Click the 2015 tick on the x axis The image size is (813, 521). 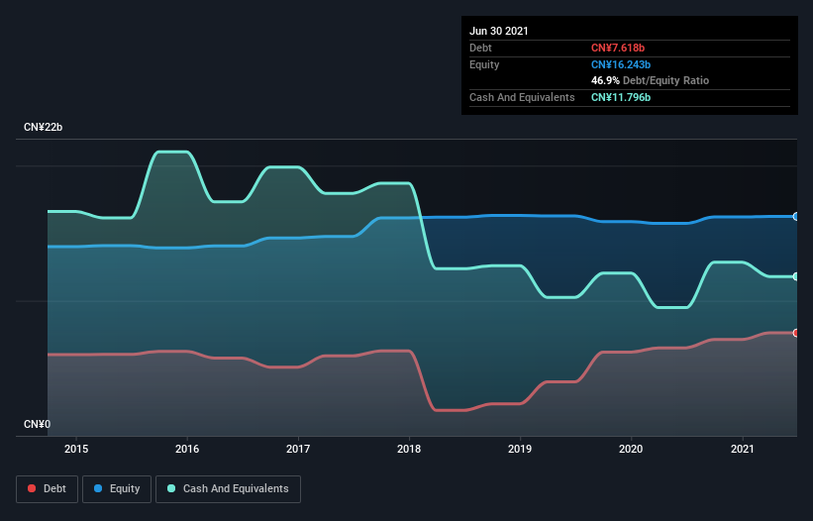(x=76, y=449)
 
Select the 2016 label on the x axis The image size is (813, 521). (x=187, y=449)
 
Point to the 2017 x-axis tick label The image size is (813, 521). (x=298, y=449)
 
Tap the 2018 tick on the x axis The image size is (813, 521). (x=409, y=449)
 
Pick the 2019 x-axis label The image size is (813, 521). (x=520, y=449)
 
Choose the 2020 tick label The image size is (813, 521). (x=631, y=449)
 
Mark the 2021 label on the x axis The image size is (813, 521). (x=742, y=449)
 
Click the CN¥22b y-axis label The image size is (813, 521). (x=44, y=128)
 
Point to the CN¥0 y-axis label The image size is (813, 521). (x=38, y=425)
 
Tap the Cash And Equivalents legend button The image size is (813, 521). (x=228, y=488)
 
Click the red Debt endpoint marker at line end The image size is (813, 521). (x=796, y=333)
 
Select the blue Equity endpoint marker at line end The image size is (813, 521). (x=796, y=216)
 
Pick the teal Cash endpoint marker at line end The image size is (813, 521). (x=796, y=276)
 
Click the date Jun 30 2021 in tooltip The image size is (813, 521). (x=499, y=31)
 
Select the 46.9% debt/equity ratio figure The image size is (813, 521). (x=606, y=80)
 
